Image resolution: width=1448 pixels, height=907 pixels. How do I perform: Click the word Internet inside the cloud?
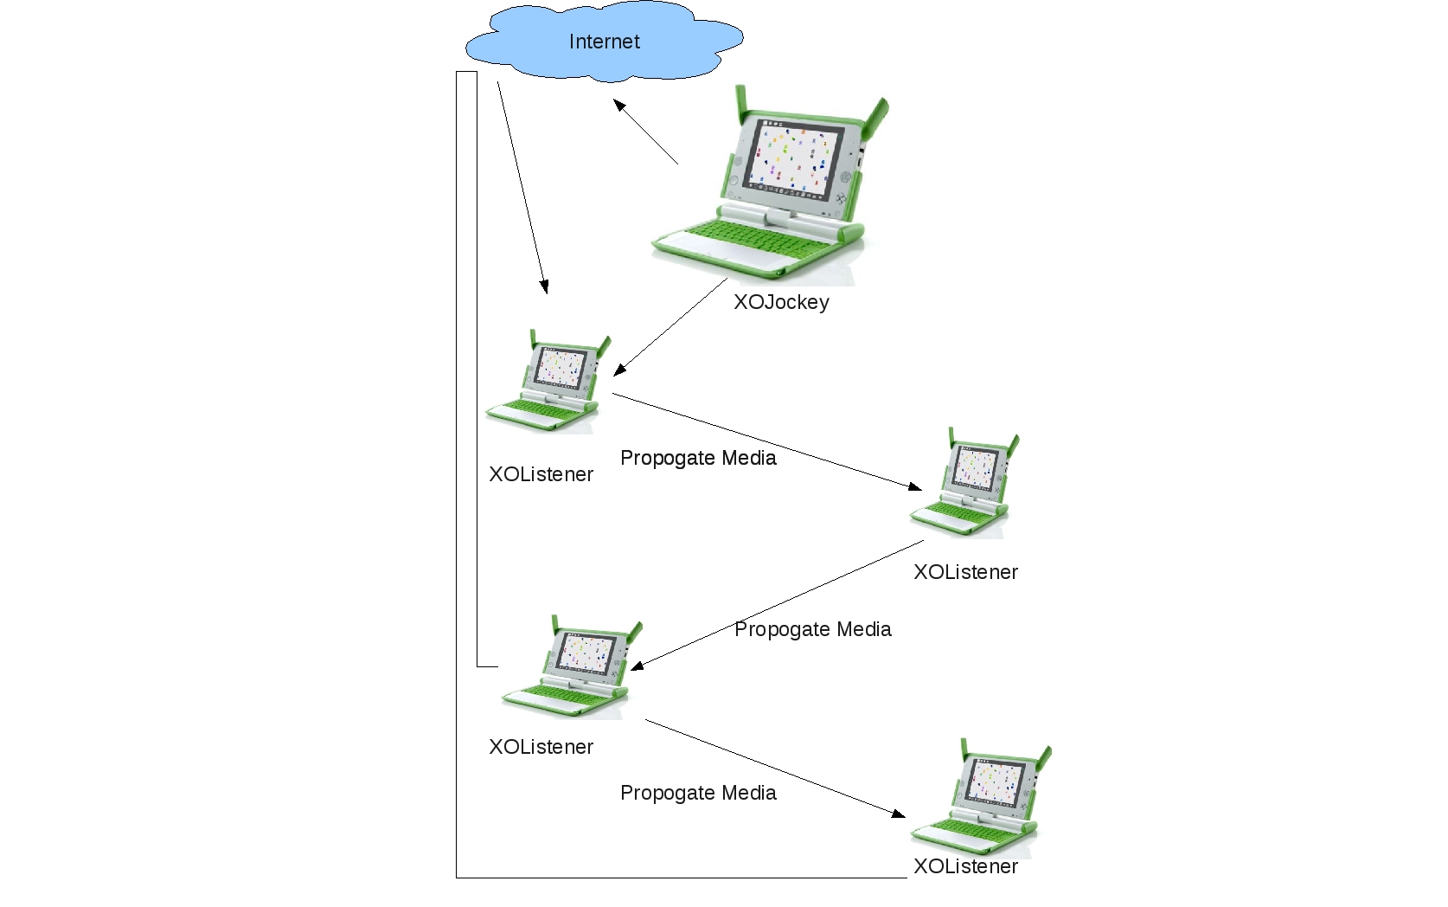pyautogui.click(x=604, y=42)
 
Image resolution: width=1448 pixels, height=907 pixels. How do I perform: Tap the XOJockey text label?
pyautogui.click(x=781, y=302)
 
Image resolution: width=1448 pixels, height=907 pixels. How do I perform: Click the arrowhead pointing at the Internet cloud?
pyautogui.click(x=619, y=105)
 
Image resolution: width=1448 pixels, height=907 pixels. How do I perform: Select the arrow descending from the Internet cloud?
pyautogui.click(x=522, y=187)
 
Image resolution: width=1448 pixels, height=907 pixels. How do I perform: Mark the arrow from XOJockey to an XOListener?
pyautogui.click(x=670, y=327)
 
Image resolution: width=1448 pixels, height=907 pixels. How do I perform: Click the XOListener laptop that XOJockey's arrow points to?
pyautogui.click(x=546, y=384)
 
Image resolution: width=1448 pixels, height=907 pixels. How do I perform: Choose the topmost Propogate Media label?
pyautogui.click(x=698, y=458)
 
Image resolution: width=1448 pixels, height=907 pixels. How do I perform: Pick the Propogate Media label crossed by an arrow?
pyautogui.click(x=812, y=629)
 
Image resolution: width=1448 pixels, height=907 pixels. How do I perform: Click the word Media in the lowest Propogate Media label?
pyautogui.click(x=750, y=793)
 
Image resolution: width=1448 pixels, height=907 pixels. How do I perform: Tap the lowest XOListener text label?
pyautogui.click(x=965, y=866)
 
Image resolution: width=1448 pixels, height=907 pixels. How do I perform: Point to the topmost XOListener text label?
pyautogui.click(x=541, y=474)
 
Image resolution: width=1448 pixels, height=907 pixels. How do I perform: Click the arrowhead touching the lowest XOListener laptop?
pyautogui.click(x=899, y=814)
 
